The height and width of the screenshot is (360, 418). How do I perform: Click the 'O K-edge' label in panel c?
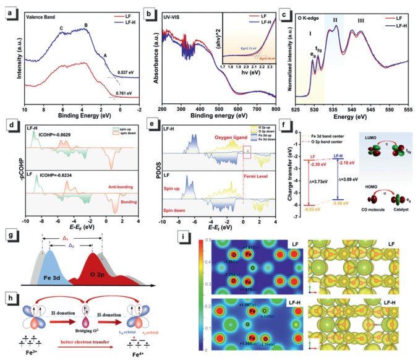(310, 14)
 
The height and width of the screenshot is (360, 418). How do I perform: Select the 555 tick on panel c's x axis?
(403, 108)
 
